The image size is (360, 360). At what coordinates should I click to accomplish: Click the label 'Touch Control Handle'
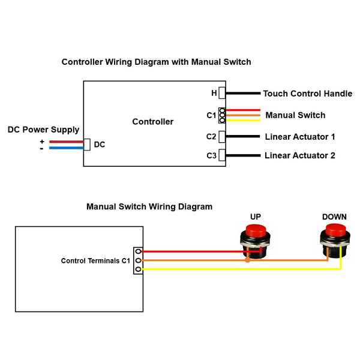click(307, 94)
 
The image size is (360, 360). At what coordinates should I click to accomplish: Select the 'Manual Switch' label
click(295, 115)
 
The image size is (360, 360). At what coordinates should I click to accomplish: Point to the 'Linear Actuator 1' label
click(299, 137)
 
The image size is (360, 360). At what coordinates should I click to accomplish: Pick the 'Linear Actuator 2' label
click(299, 156)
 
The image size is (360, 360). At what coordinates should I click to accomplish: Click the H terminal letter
click(214, 94)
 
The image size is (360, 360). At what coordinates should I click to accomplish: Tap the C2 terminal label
click(211, 137)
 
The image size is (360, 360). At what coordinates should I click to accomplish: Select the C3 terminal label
click(211, 156)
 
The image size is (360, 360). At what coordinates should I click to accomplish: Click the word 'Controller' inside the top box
click(152, 122)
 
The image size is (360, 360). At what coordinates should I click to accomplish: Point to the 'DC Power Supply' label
click(43, 130)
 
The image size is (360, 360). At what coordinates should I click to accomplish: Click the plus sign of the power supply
click(41, 141)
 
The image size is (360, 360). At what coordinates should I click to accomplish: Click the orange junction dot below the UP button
click(247, 260)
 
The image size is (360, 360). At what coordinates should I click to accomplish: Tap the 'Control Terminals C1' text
click(95, 261)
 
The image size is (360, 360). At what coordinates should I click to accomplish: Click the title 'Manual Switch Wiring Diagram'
click(149, 207)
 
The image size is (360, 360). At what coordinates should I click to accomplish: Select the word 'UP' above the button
click(256, 217)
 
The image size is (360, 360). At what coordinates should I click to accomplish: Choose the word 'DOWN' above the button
click(334, 217)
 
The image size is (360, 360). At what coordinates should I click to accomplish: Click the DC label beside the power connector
click(100, 145)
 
